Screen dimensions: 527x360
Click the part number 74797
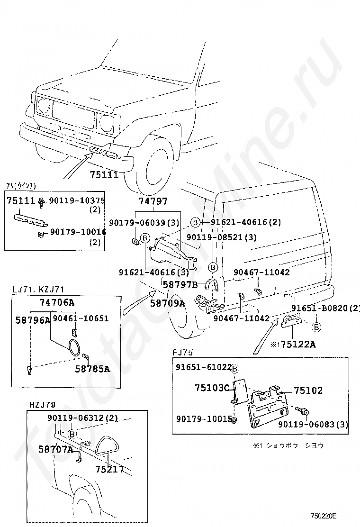tap(153, 201)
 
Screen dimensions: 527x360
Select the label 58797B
tap(180, 284)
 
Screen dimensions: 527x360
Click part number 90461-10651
tap(81, 318)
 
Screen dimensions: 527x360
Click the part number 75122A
tap(297, 344)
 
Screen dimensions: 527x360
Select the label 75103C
tap(212, 388)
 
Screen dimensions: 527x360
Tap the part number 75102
tap(308, 391)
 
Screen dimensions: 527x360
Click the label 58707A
tap(56, 449)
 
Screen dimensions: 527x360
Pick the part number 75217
tap(109, 469)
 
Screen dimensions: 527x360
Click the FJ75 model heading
tap(183, 353)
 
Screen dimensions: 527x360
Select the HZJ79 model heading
tap(42, 405)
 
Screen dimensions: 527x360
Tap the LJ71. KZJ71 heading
tap(38, 289)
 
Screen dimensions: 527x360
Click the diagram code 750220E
tap(324, 515)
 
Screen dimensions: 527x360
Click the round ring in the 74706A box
tap(74, 347)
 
